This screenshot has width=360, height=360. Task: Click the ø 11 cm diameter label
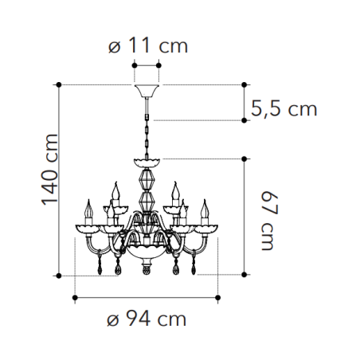[x=147, y=45]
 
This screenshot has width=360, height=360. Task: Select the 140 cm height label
[x=49, y=178]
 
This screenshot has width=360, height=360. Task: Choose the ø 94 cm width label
[x=147, y=319]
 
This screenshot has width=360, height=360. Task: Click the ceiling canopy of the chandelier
[x=147, y=88]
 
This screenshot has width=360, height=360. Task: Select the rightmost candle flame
[x=205, y=209]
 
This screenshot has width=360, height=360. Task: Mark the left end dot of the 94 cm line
[x=75, y=298]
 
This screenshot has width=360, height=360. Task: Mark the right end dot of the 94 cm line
[x=219, y=298]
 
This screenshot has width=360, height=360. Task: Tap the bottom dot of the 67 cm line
[x=245, y=276]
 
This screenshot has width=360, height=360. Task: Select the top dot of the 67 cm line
[x=245, y=158]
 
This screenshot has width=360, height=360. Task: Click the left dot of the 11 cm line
[x=135, y=65]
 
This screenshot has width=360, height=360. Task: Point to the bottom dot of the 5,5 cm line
[x=245, y=120]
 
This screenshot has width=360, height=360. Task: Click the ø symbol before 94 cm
[x=113, y=320]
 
